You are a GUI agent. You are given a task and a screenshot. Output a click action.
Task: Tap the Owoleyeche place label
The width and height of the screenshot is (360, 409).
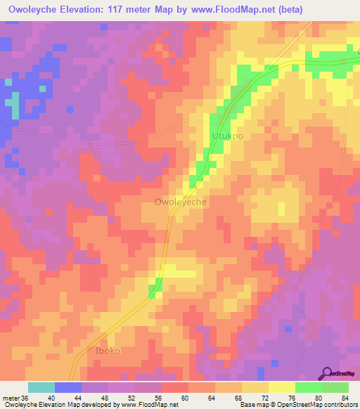point(180,202)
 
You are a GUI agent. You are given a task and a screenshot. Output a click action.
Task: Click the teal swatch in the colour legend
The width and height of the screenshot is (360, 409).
point(41,387)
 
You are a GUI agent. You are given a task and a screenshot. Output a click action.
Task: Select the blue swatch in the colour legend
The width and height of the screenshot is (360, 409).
point(68,387)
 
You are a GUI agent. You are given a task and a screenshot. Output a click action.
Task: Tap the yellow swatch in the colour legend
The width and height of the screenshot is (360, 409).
point(282,387)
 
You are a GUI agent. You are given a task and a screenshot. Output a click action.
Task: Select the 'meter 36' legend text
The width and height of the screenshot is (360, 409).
point(15,397)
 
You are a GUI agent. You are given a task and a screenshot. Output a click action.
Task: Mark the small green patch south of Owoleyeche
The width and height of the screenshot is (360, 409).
point(155,285)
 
